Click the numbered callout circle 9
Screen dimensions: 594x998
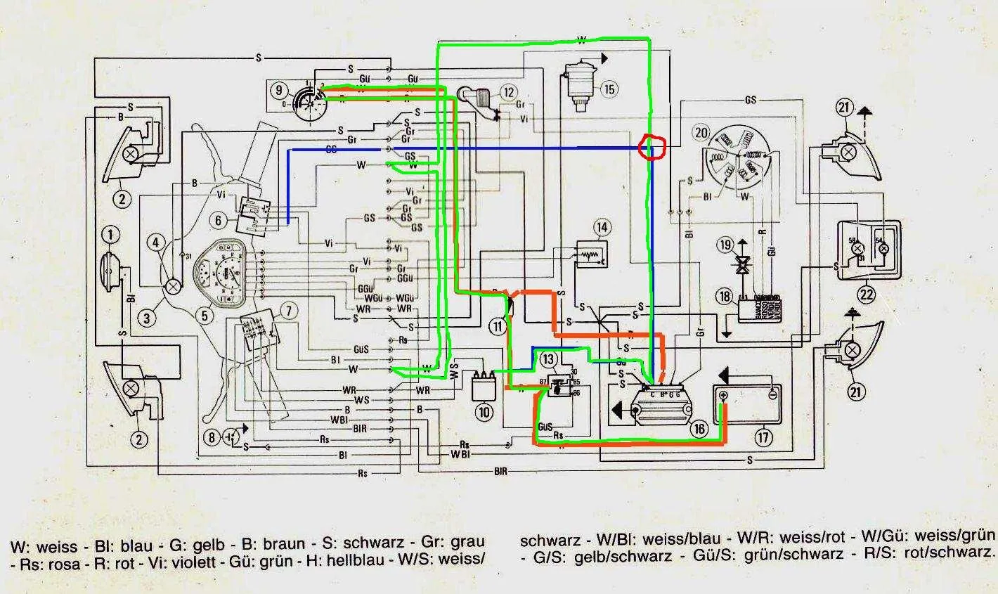[x=279, y=90]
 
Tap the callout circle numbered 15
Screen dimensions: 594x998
[x=609, y=89]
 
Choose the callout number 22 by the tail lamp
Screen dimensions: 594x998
[x=867, y=295]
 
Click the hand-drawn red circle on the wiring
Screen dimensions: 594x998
[x=651, y=147]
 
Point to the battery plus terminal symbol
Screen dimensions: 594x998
[x=723, y=396]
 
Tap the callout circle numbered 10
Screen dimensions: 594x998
[x=484, y=412]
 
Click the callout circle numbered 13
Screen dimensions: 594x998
[x=548, y=359]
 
